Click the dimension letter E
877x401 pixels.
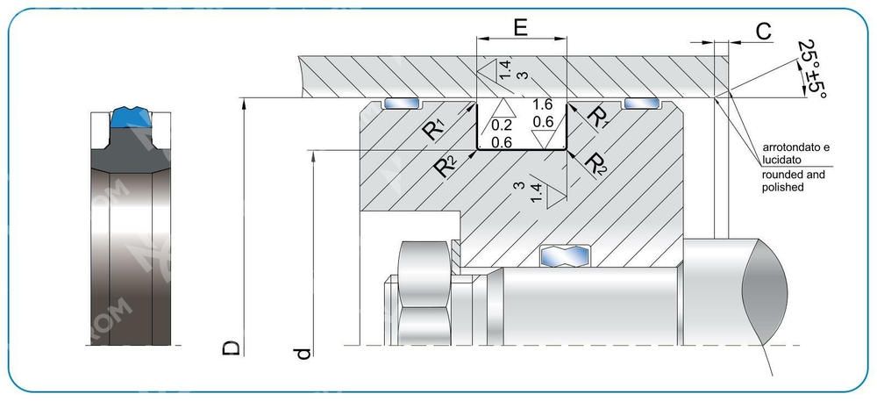point(520,27)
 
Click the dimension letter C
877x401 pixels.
point(763,32)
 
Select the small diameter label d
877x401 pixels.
point(303,353)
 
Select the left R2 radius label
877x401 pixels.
point(447,165)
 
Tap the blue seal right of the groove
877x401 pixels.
point(643,104)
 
